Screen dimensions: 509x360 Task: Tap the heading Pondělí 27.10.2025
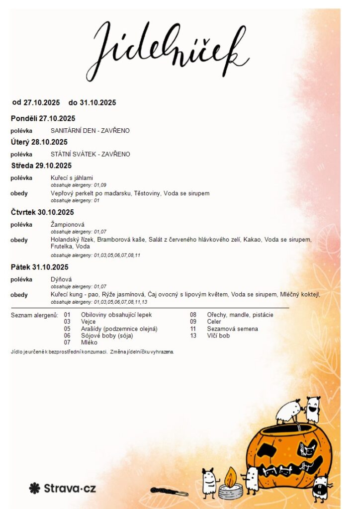[43, 118]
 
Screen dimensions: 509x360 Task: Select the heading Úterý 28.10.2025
[39, 142]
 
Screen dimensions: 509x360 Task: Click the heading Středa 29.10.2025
[41, 166]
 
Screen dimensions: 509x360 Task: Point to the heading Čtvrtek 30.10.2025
[42, 212]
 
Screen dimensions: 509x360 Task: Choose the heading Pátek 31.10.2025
[39, 267]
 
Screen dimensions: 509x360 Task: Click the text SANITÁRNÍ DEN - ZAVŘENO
[90, 131]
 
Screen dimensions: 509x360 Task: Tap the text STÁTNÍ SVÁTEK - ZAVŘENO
[90, 154]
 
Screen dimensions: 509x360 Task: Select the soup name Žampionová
[68, 225]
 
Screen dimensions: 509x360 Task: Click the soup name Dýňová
[61, 279]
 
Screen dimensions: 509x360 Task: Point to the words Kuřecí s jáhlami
[72, 178]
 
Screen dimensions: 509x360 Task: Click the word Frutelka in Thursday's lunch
[62, 247]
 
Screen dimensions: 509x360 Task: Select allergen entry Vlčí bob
[218, 336]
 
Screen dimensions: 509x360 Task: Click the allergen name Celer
[214, 322]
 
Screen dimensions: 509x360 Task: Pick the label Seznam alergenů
[34, 315]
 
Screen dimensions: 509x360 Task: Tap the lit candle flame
[231, 478]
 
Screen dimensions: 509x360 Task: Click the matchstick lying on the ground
[170, 492]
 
